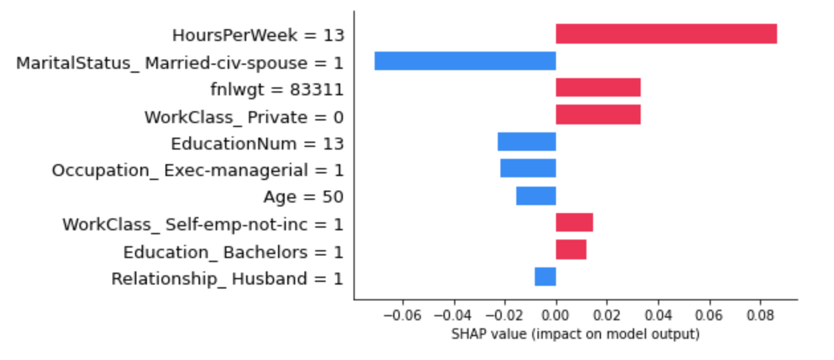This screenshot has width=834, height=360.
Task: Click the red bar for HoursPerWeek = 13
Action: point(666,34)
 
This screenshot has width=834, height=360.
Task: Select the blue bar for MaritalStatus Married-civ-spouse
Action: point(465,61)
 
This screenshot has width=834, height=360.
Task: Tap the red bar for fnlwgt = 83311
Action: point(598,88)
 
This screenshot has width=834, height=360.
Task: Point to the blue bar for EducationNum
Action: point(526,142)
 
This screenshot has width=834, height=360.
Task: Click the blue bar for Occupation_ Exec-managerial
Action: point(528,169)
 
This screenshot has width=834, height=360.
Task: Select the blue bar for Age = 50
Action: point(535,197)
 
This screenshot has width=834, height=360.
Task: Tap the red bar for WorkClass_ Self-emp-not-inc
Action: point(574,223)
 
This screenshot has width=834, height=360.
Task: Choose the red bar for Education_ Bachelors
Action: point(571,250)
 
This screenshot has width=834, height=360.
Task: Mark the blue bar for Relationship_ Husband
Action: point(545,277)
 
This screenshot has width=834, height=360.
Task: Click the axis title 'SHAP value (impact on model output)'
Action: point(575,334)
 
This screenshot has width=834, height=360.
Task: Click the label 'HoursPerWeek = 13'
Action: point(258,34)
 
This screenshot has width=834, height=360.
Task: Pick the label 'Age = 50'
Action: point(303,197)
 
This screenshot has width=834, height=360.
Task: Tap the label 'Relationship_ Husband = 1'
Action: point(227,279)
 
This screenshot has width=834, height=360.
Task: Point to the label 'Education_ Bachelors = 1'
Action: point(233,252)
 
